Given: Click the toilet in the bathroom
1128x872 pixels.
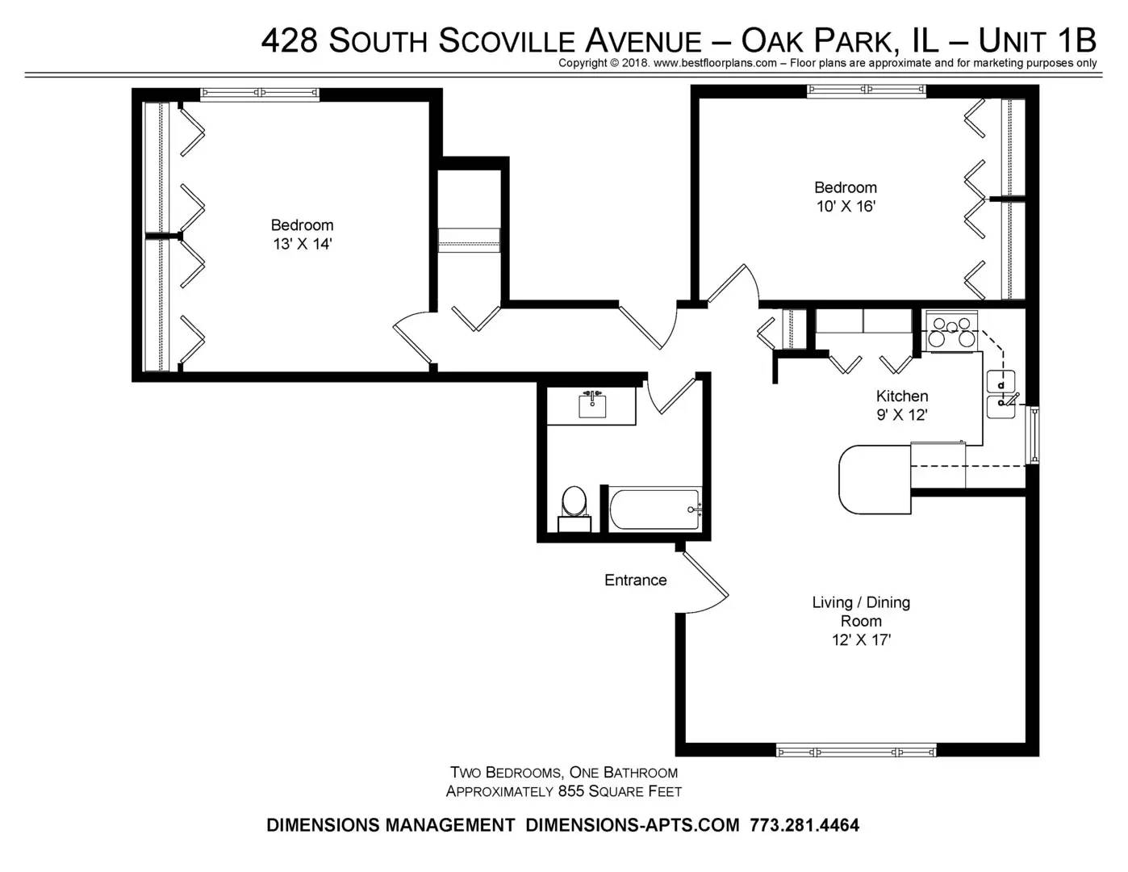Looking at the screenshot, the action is coord(574,509).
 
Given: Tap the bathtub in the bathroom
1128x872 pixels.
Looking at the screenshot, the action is coord(654,509).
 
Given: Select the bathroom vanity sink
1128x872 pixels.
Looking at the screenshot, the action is coord(592,405).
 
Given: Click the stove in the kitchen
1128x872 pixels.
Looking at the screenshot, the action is coord(951,333).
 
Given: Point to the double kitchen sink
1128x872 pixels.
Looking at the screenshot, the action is coord(1001,394).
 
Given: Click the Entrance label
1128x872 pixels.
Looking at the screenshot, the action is coord(635,580).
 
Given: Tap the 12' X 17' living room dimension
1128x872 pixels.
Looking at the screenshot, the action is coord(861,639).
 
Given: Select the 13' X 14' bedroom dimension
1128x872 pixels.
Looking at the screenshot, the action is coord(302,244).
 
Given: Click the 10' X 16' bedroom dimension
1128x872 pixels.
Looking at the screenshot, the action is coord(846,206).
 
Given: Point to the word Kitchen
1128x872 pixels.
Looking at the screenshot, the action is coord(902,396).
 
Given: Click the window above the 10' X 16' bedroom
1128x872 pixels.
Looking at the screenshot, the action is coord(867,91).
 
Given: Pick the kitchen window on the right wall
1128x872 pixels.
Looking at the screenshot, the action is coord(1034,434).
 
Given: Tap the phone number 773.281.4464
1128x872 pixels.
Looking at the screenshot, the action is coord(804,825).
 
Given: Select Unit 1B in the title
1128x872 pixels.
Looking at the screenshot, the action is coord(1037,40).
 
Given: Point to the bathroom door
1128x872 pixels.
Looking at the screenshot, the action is coord(671,396).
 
